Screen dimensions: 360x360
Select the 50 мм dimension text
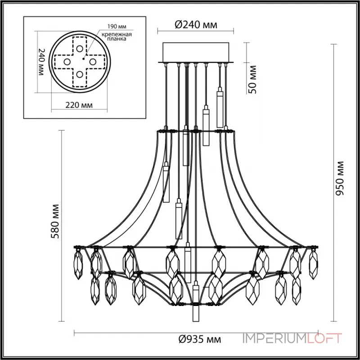[x=252, y=79]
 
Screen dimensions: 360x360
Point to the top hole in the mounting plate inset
[x=80, y=49]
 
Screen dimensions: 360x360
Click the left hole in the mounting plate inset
[x=66, y=61]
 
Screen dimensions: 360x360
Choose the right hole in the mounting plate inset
[x=93, y=61]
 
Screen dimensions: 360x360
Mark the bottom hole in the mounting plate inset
[x=80, y=74]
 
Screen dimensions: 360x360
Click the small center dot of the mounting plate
[x=84, y=57]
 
